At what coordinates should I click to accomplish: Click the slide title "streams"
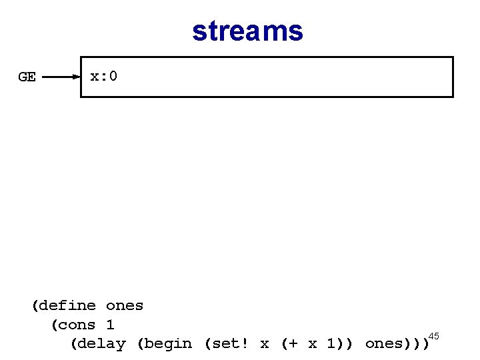coord(247,31)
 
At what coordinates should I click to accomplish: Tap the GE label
coord(27,77)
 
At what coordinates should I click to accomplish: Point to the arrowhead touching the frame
coord(76,77)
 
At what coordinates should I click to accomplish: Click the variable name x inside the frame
coord(95,76)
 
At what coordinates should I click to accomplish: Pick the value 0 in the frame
coord(113,76)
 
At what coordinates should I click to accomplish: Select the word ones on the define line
coord(125,306)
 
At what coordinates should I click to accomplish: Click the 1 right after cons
coord(110,325)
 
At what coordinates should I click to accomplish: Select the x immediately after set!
coord(265,344)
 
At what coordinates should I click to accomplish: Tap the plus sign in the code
coord(294,344)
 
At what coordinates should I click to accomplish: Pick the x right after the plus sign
coord(313,344)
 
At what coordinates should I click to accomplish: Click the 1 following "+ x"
coord(331,344)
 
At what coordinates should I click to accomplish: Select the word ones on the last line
coord(383,344)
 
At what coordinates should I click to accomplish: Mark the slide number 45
coord(433,335)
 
